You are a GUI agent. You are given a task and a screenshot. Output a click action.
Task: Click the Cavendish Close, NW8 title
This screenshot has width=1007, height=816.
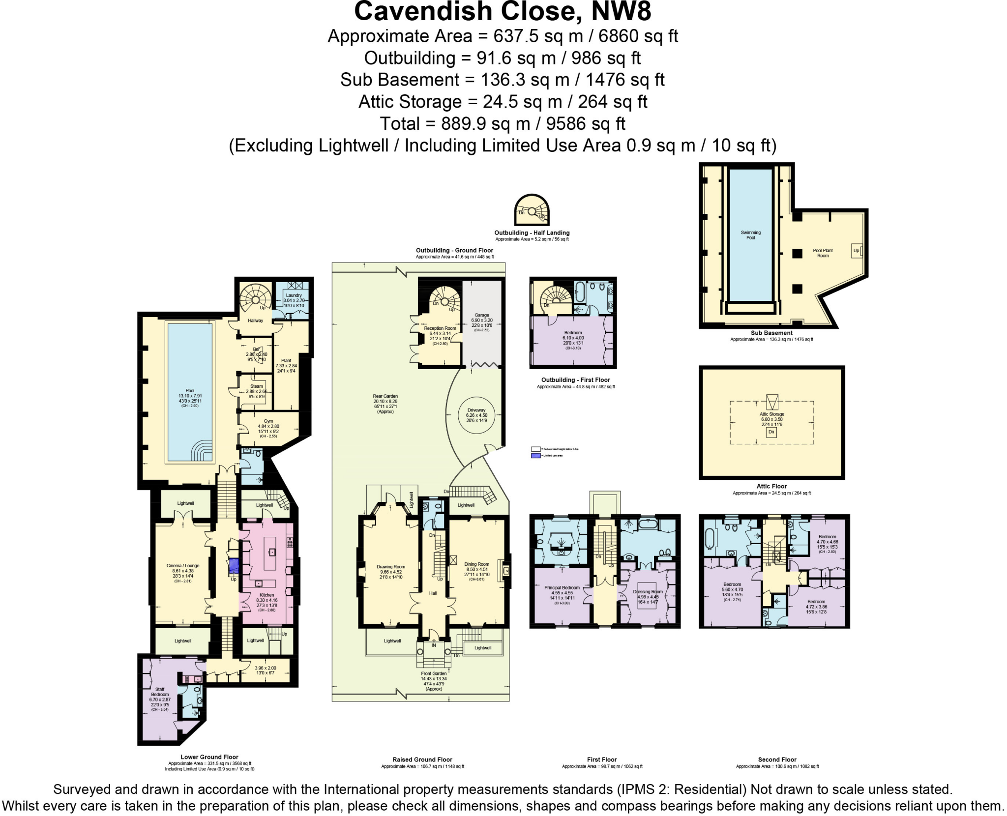[503, 12]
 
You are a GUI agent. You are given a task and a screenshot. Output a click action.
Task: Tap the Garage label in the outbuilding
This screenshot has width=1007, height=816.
[481, 315]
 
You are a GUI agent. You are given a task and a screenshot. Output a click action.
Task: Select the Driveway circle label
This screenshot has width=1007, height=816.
[476, 410]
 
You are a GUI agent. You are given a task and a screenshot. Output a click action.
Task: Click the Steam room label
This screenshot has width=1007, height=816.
[256, 386]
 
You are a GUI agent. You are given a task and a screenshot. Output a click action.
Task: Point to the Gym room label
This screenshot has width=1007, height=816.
[268, 421]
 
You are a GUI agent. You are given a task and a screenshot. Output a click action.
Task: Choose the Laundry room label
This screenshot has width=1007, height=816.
[294, 295]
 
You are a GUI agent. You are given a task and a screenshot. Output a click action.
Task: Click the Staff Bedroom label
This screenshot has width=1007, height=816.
[160, 692]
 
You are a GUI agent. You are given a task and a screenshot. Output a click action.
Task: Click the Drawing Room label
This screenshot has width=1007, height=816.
[391, 567]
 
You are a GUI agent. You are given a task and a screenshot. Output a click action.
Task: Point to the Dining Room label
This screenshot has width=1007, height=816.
[476, 564]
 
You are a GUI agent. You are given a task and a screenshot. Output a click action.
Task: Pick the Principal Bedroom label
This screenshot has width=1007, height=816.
[562, 587]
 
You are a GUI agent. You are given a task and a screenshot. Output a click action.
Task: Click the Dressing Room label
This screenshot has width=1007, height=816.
[648, 592]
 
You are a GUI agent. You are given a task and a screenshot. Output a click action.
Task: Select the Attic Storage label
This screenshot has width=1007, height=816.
[771, 414]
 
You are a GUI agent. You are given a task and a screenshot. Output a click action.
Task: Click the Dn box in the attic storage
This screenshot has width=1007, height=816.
[771, 432]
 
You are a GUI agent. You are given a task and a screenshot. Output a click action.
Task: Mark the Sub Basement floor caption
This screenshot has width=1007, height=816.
[771, 333]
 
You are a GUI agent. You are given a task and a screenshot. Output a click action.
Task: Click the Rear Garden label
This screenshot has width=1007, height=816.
[385, 396]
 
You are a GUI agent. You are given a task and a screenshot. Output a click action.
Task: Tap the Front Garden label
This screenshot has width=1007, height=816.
[434, 674]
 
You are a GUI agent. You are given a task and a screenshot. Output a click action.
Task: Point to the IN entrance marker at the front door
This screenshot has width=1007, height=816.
[434, 645]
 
